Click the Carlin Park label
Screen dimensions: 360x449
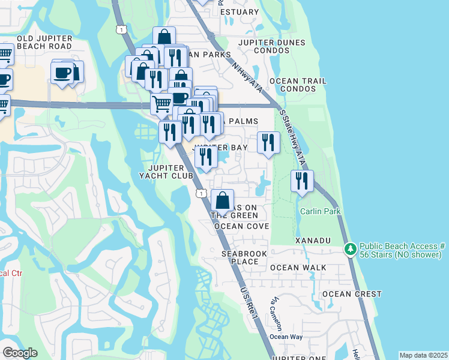[321, 211]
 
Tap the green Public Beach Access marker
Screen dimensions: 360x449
[349, 248]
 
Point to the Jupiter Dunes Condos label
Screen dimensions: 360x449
[271, 47]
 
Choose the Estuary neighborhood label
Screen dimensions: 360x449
[240, 11]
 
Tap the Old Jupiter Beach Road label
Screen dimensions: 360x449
[44, 42]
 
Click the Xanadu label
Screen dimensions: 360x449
[312, 241]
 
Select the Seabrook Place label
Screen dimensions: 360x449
[244, 257]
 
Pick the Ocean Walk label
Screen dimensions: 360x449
[298, 268]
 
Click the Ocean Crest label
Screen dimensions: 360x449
[352, 294]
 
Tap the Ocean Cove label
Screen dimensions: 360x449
[241, 226]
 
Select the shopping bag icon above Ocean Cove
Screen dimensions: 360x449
[222, 200]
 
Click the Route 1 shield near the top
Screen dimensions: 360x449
[121, 29]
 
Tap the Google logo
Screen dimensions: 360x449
[20, 353]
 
